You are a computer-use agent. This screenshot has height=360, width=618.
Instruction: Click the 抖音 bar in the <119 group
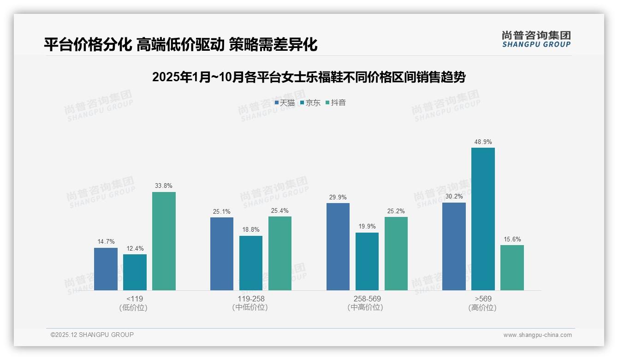point(164,241)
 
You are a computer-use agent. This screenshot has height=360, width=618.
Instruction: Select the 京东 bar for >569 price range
point(483,219)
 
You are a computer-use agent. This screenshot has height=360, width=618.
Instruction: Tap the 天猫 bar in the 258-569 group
point(338,246)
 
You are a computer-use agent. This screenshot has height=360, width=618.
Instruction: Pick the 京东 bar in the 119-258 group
point(250,263)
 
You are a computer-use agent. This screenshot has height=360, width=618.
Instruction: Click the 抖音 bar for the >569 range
point(512,268)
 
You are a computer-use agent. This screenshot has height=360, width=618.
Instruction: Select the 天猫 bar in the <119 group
point(106,269)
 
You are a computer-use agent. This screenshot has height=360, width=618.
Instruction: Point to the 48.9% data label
point(483,142)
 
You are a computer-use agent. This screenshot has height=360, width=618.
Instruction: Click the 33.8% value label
point(164,186)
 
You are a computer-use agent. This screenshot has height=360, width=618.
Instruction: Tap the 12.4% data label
point(135,248)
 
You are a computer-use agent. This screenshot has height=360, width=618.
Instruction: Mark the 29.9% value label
point(338,197)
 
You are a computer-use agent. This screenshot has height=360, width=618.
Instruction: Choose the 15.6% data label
point(512,239)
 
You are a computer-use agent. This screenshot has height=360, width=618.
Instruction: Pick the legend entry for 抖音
point(336,103)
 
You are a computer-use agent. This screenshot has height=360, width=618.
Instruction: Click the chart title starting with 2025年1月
point(309,77)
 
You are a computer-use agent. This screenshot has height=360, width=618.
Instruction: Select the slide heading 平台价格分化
point(180,45)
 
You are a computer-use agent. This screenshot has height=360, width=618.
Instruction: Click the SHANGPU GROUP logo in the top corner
point(536,39)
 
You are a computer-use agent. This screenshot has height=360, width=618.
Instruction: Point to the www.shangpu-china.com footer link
point(537,335)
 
